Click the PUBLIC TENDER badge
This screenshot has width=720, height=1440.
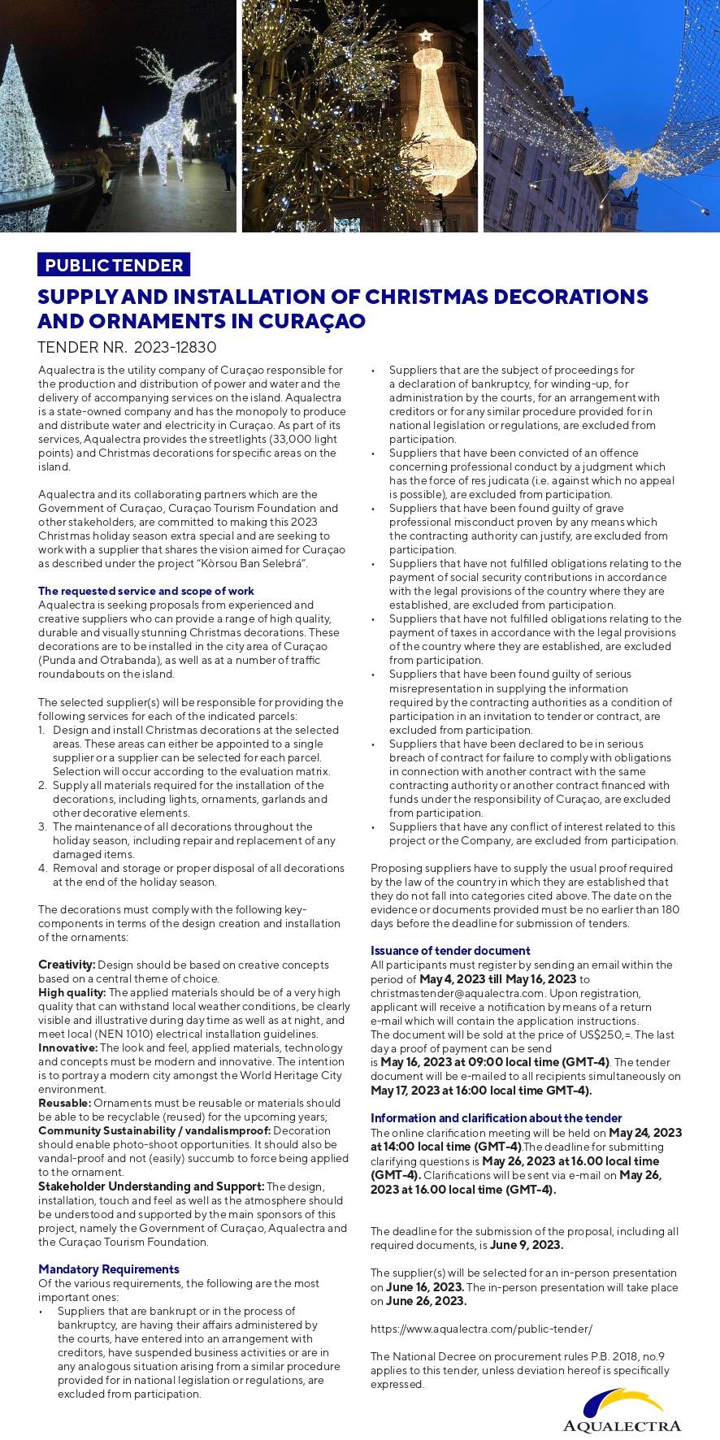coord(114,265)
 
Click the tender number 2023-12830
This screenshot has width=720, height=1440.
coord(175,347)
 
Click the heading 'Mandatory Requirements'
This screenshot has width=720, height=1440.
coord(109,1269)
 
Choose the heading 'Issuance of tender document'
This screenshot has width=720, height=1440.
coord(450,951)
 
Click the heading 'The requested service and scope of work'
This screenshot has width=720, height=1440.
coord(146,591)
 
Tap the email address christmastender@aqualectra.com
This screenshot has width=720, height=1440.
coord(458,993)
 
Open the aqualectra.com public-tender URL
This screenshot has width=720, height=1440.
coord(481,1329)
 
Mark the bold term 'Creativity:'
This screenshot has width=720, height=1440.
coord(66,965)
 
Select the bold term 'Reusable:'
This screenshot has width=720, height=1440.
coord(64,1103)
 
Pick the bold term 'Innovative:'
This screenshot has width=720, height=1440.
coord(67,1047)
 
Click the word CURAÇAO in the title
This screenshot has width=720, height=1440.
coord(312,321)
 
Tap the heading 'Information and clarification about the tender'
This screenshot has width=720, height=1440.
coord(496,1118)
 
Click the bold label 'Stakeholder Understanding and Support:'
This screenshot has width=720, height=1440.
coord(151,1186)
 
